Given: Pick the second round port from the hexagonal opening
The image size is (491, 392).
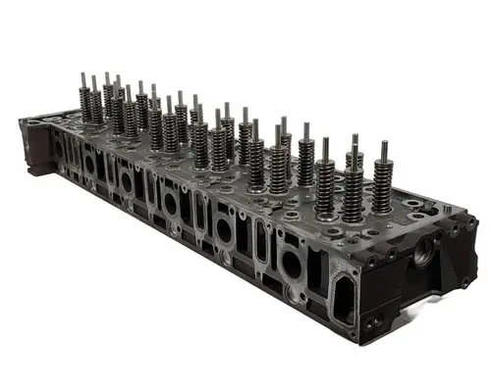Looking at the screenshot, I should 224,230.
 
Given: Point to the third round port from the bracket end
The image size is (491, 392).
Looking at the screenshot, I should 127,182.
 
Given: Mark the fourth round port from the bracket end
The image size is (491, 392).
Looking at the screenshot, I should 171,204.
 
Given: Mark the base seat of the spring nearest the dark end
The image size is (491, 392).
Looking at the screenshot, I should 381,209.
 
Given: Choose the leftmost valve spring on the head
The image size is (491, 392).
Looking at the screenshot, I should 85,104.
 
